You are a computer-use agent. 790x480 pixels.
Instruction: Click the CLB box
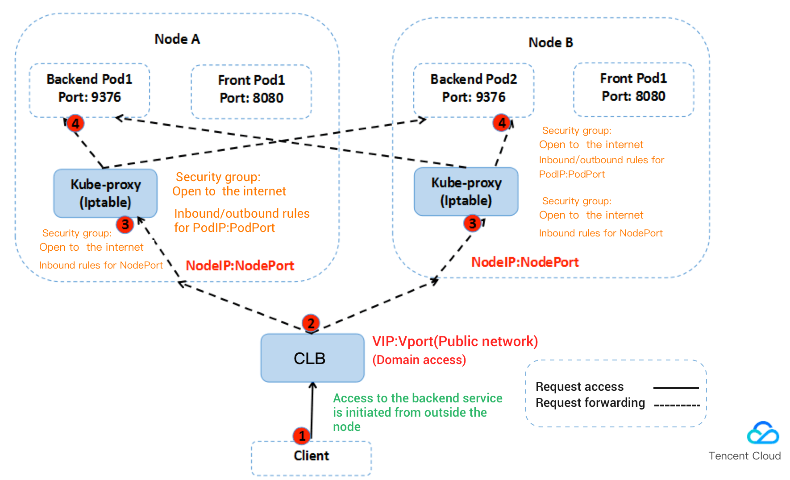pyautogui.click(x=312, y=358)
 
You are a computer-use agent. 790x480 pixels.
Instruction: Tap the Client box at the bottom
pyautogui.click(x=311, y=457)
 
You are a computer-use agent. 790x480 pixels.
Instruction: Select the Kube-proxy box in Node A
pyautogui.click(x=105, y=193)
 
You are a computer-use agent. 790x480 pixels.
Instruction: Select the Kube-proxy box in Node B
pyautogui.click(x=466, y=191)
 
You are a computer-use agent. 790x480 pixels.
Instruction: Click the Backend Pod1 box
pyautogui.click(x=89, y=90)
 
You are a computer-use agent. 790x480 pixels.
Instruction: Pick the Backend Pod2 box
pyautogui.click(x=474, y=90)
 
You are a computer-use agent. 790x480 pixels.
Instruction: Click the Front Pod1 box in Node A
pyautogui.click(x=251, y=91)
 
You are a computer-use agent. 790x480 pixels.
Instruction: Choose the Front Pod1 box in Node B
pyautogui.click(x=633, y=89)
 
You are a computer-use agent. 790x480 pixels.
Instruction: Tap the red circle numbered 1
pyautogui.click(x=302, y=435)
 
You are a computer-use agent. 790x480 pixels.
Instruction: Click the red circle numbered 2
pyautogui.click(x=311, y=323)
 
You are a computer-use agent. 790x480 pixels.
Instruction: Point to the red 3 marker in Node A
pyautogui.click(x=125, y=224)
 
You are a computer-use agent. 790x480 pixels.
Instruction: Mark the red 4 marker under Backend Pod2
pyautogui.click(x=502, y=122)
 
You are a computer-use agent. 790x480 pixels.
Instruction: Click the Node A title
pyautogui.click(x=177, y=39)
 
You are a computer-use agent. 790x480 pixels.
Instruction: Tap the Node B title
pyautogui.click(x=551, y=43)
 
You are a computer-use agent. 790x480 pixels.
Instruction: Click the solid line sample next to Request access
pyautogui.click(x=676, y=388)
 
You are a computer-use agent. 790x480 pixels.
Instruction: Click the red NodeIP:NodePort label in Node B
pyautogui.click(x=525, y=262)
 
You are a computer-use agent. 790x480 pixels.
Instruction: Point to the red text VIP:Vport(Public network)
pyautogui.click(x=455, y=342)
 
